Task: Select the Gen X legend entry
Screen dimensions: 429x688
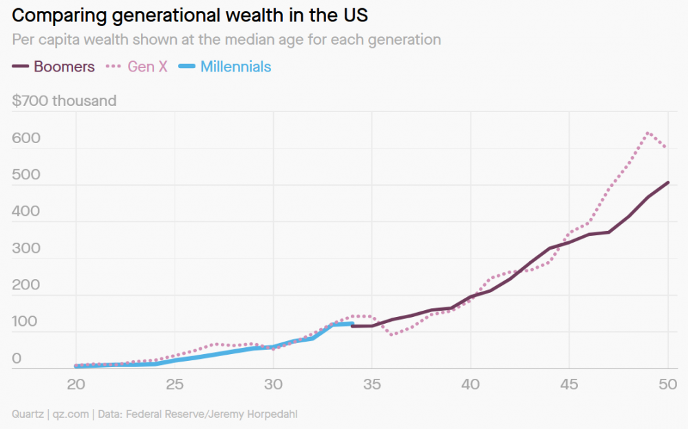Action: pyautogui.click(x=138, y=67)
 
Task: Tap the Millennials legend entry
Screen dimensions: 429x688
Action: pyautogui.click(x=226, y=67)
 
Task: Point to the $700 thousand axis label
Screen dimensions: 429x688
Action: pyautogui.click(x=64, y=101)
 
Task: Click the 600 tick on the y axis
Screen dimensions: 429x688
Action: pyautogui.click(x=26, y=138)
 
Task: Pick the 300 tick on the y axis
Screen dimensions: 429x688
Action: pyautogui.click(x=26, y=248)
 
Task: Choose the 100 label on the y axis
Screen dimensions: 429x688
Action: pyautogui.click(x=26, y=322)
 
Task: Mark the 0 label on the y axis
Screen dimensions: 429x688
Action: pyautogui.click(x=17, y=358)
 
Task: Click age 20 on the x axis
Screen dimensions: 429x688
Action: pyautogui.click(x=76, y=384)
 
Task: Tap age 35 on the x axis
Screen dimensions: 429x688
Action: pyautogui.click(x=372, y=384)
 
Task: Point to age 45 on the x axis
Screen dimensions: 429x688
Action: pyautogui.click(x=569, y=384)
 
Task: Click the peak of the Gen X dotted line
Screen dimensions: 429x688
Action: pyautogui.click(x=647, y=133)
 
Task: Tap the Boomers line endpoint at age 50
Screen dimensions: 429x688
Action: pyautogui.click(x=668, y=182)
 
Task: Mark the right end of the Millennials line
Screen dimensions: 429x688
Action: pyautogui.click(x=352, y=323)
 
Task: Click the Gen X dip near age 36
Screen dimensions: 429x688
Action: pyautogui.click(x=391, y=335)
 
